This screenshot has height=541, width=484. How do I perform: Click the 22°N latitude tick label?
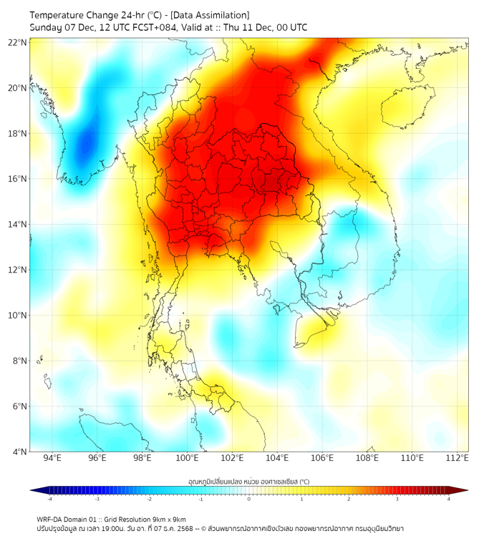click(18, 42)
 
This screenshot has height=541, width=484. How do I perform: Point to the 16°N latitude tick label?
click(18, 179)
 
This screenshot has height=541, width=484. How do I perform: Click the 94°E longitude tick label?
click(52, 458)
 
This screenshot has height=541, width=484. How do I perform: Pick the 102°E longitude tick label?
click(232, 458)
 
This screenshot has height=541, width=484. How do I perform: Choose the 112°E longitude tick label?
click(458, 458)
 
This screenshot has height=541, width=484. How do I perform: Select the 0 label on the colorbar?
click(249, 499)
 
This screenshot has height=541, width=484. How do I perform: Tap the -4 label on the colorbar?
click(49, 499)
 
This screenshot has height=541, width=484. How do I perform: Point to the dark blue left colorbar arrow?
click(34, 490)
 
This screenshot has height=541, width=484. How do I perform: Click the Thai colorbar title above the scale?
click(248, 482)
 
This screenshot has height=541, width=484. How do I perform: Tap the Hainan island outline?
click(407, 107)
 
